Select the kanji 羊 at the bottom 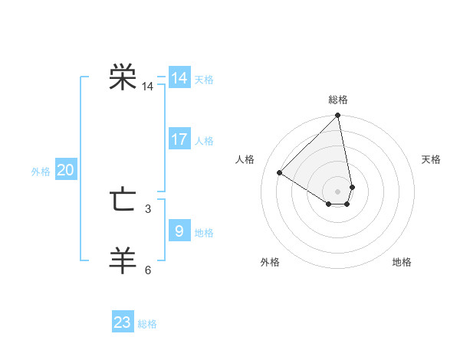tap(123, 260)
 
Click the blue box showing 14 tap(179, 78)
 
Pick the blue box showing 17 tap(179, 139)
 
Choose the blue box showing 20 tap(65, 170)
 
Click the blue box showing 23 tap(123, 322)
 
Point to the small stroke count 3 tap(148, 208)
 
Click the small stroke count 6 tap(148, 270)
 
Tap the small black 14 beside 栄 tap(148, 87)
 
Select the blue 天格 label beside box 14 tap(204, 80)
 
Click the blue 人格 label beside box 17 tap(204, 141)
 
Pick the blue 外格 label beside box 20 tap(41, 172)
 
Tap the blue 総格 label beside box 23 tap(147, 324)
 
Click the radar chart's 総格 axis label tap(338, 100)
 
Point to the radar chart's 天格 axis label tap(431, 159)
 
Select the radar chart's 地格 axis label tap(402, 262)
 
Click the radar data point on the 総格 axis tap(338, 116)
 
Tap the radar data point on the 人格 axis tap(280, 173)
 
